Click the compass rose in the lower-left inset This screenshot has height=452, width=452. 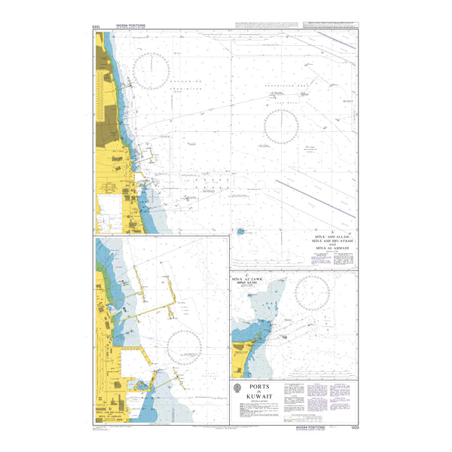(188, 348)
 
